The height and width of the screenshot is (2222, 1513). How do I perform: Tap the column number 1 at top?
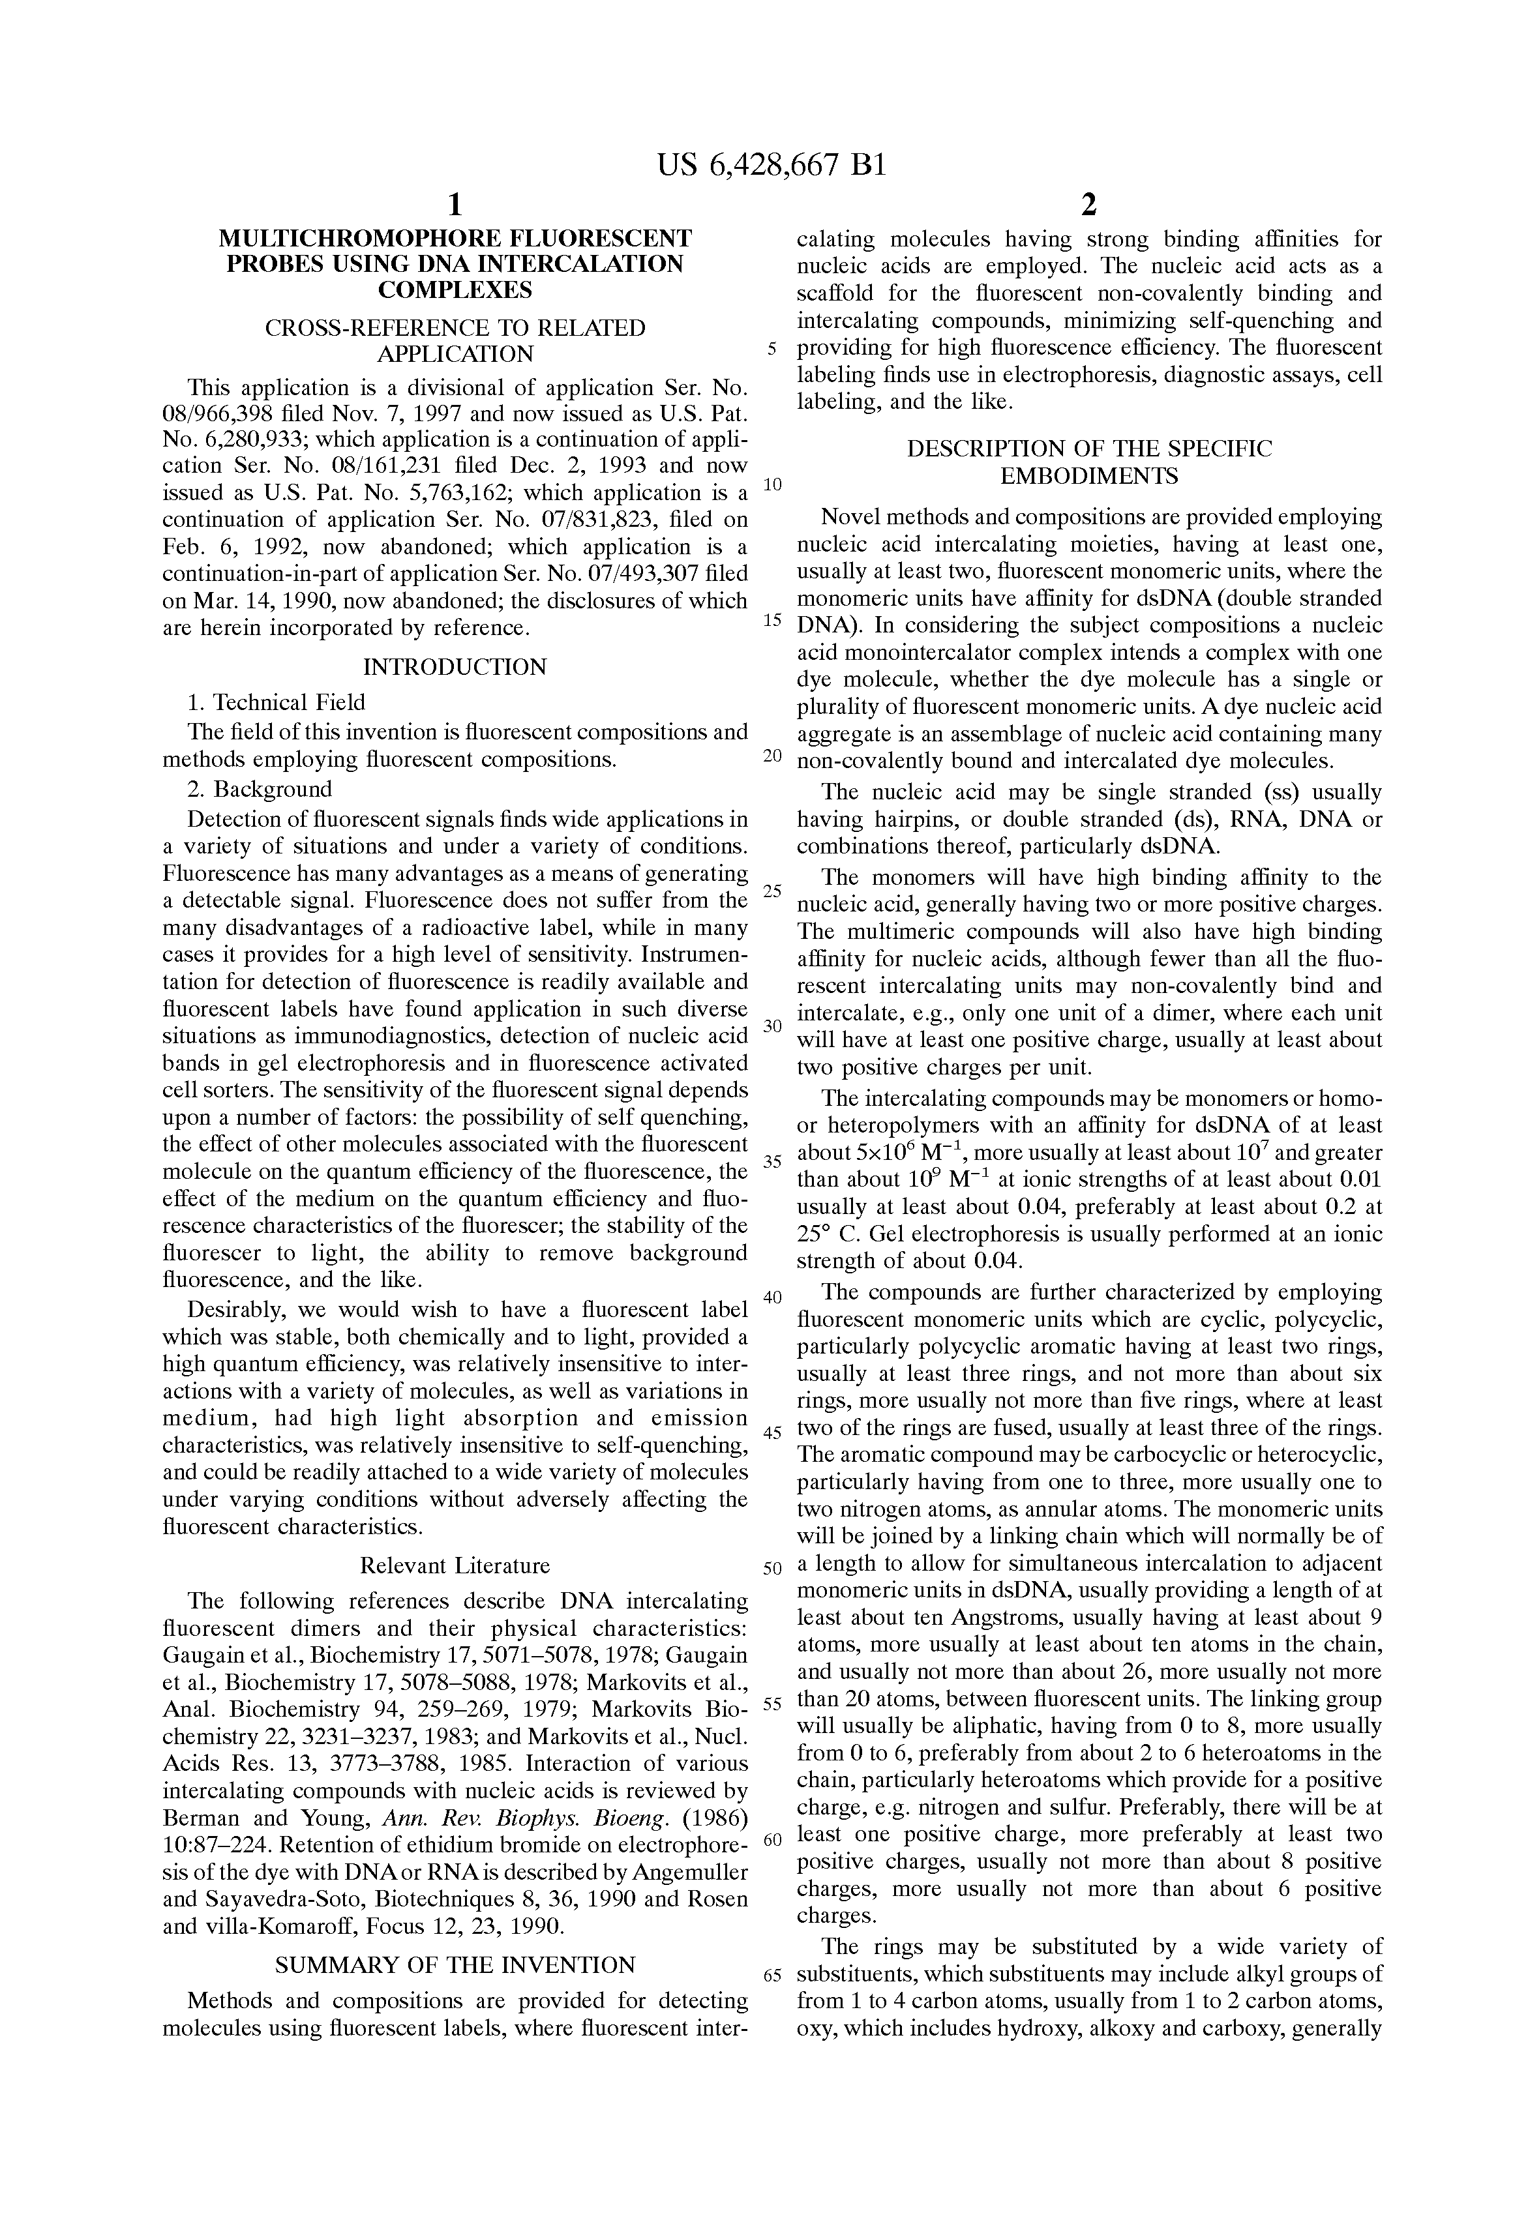click(x=455, y=205)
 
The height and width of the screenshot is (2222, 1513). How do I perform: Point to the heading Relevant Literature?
click(x=455, y=1565)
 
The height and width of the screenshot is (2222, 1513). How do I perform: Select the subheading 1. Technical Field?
click(x=277, y=703)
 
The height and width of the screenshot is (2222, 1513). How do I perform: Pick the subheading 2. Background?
click(x=260, y=789)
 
